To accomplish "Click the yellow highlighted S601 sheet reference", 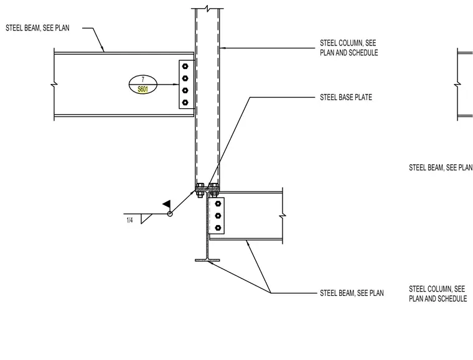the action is [x=143, y=89].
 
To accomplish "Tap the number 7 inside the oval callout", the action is [x=143, y=80].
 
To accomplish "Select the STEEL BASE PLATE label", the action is [x=345, y=97].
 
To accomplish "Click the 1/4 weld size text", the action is [x=129, y=220].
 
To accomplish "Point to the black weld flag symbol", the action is [x=167, y=204].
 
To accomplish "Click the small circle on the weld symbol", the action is [x=170, y=214].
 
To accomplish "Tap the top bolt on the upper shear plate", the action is [x=185, y=66].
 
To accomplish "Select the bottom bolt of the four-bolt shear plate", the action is [x=185, y=103].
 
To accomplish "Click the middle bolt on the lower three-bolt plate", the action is [x=218, y=216].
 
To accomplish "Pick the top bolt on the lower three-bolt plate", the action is [x=218, y=204].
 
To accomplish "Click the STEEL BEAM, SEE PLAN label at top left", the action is [x=37, y=28].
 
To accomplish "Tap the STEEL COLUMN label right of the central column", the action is [x=349, y=48].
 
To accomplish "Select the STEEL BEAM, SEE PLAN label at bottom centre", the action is [x=352, y=293].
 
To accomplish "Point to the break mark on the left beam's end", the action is [x=54, y=85].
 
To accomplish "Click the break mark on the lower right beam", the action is [x=283, y=216].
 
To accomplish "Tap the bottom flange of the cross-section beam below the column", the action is [x=207, y=260].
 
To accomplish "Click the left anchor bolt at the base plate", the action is [x=200, y=190].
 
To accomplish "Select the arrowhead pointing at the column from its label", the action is [x=222, y=48].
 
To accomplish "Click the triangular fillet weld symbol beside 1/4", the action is [x=146, y=218].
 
